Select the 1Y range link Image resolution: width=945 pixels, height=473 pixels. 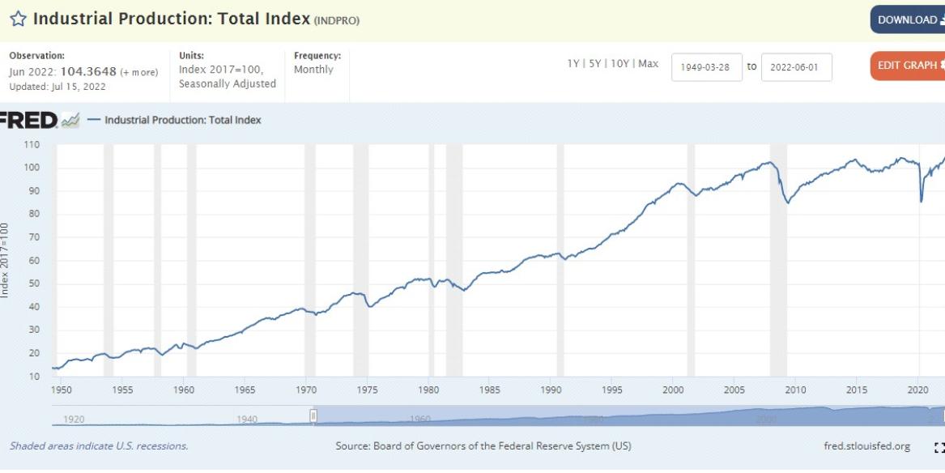573,64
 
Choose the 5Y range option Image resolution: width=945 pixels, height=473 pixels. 596,64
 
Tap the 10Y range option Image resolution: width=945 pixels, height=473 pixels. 620,64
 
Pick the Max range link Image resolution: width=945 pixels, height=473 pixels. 648,64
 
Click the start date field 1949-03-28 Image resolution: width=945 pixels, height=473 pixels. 706,67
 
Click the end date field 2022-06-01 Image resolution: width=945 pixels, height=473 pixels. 796,67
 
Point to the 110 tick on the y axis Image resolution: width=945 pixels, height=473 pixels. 32,145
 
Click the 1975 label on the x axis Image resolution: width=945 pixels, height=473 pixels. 367,390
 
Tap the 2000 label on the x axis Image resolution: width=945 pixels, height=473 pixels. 673,390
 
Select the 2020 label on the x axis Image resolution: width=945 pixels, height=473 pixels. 917,390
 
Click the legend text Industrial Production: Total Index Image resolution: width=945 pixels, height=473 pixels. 183,121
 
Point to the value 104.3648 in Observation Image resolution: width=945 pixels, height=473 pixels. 88,71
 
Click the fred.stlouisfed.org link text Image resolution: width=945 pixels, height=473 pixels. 866,446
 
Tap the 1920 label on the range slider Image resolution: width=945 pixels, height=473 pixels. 74,420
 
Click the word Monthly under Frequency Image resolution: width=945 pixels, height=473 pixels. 313,70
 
